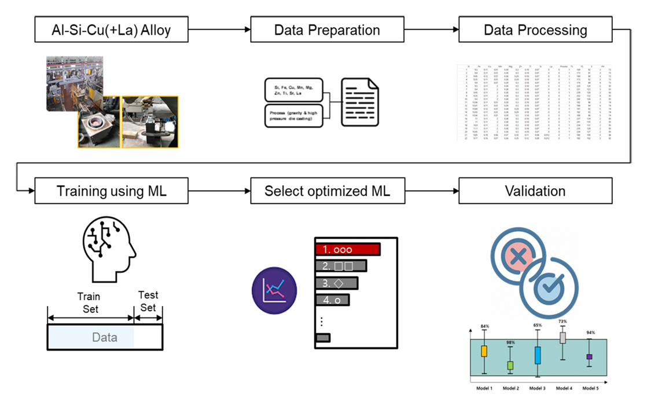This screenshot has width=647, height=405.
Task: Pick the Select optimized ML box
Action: pyautogui.click(x=327, y=191)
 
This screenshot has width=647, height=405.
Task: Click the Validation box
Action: pyautogui.click(x=535, y=191)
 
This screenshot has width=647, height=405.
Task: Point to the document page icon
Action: pyautogui.click(x=360, y=102)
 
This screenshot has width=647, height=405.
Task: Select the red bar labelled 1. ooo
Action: pyautogui.click(x=347, y=250)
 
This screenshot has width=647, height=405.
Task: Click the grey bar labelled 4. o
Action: pyautogui.click(x=333, y=301)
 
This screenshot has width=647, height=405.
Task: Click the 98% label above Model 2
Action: pyautogui.click(x=510, y=343)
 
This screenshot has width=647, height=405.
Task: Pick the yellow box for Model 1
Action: pyautogui.click(x=484, y=351)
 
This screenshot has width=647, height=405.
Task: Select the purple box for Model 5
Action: pyautogui.click(x=589, y=357)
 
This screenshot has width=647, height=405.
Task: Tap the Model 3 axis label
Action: pyautogui.click(x=537, y=388)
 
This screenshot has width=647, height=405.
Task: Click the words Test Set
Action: pyautogui.click(x=148, y=301)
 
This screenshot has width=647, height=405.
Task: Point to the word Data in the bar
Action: pyautogui.click(x=105, y=337)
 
